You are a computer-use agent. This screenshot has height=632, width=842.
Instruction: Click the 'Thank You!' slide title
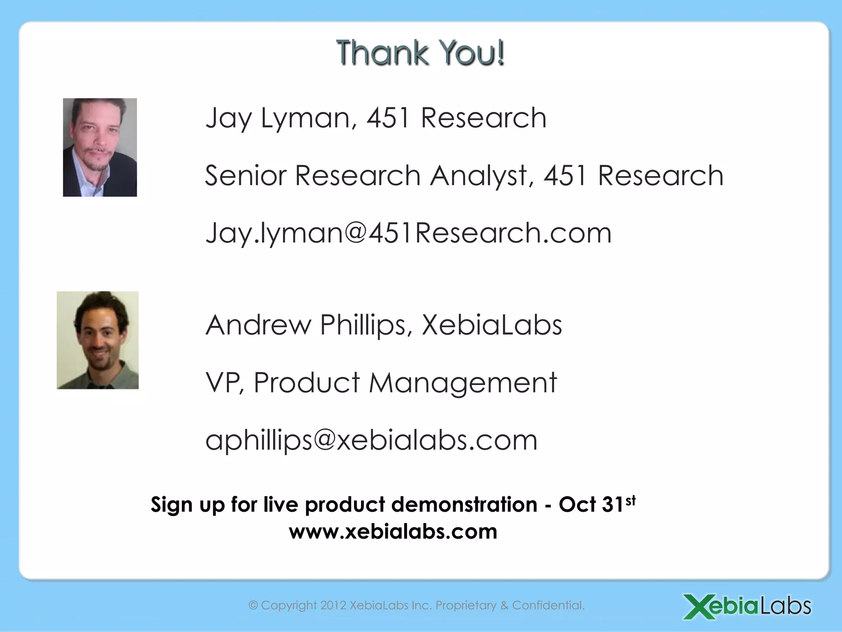420,53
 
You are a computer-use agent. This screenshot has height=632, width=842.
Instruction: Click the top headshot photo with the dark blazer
100,147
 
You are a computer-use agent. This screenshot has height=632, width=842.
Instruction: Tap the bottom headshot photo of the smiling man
98,340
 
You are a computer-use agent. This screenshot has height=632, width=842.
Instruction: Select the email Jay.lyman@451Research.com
408,233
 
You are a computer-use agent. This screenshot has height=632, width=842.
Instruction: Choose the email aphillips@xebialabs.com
371,440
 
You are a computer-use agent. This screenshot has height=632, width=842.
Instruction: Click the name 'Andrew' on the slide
258,325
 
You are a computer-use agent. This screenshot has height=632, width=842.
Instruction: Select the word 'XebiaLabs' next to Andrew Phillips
492,325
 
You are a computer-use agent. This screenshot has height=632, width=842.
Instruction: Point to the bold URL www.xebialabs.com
393,532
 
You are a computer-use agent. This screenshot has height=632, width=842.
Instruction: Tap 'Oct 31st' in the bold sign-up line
597,504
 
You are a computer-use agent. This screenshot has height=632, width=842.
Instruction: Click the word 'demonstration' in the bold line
464,504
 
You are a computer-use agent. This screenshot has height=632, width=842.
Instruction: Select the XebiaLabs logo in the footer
747,606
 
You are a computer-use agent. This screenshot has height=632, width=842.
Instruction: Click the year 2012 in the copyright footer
333,605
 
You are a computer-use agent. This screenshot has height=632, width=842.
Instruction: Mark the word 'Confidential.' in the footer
548,605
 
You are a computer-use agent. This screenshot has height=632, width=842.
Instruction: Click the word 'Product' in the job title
307,383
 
